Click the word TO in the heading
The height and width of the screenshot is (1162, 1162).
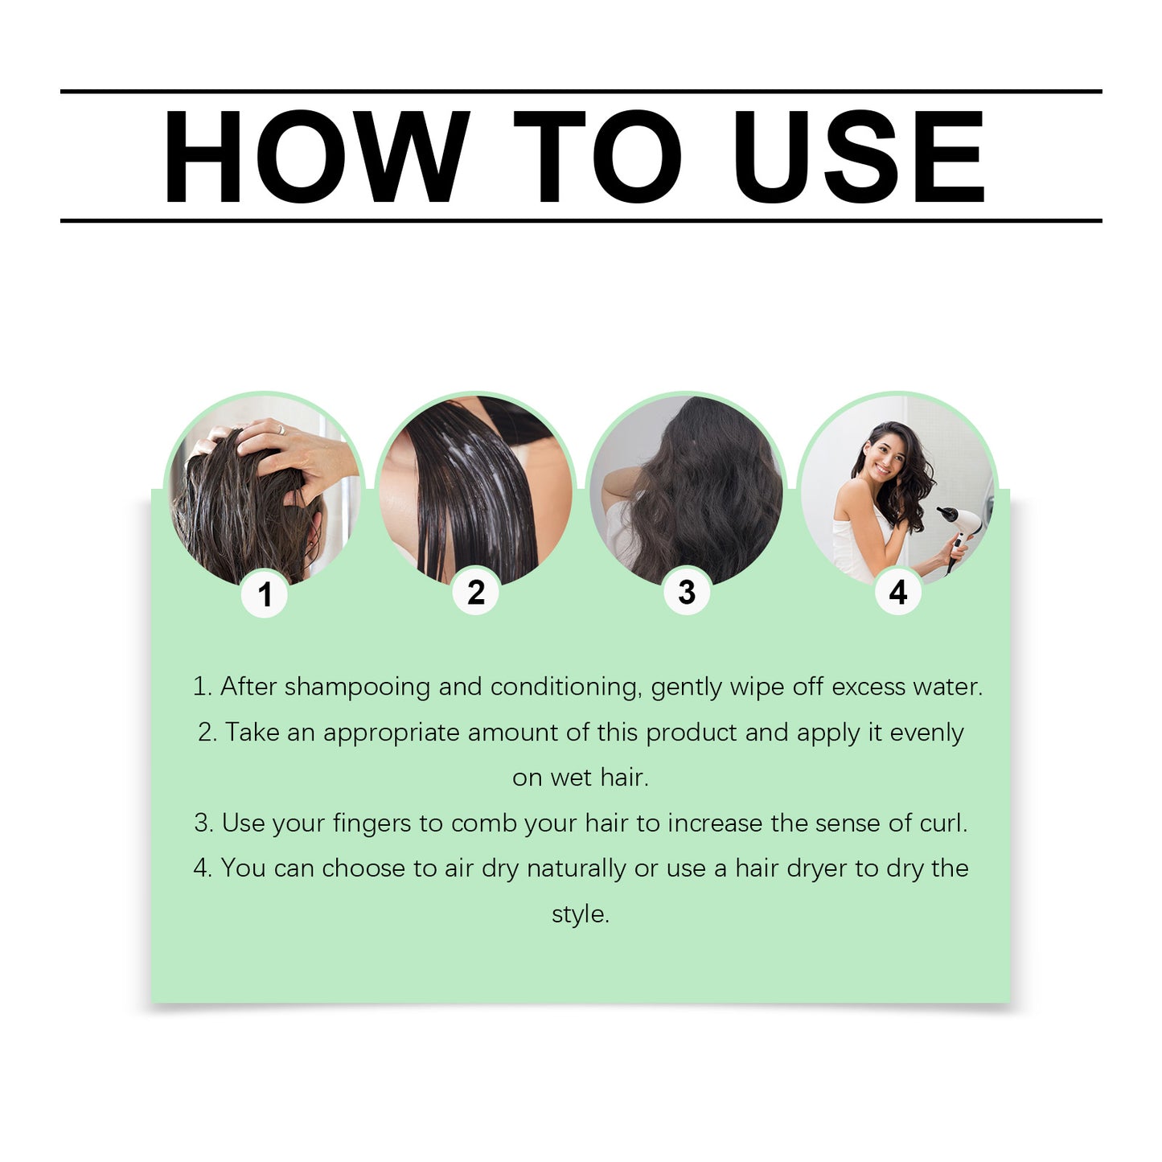(597, 157)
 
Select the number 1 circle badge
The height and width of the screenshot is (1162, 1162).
(265, 594)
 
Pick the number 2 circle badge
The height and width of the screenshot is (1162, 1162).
(476, 593)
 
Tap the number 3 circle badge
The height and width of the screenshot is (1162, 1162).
(687, 593)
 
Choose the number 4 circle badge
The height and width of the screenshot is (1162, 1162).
(898, 593)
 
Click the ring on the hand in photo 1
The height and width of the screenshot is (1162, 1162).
(281, 429)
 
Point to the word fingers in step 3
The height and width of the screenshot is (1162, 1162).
(372, 823)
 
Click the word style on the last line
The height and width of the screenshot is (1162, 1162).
(580, 914)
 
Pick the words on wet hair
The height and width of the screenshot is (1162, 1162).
(580, 778)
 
